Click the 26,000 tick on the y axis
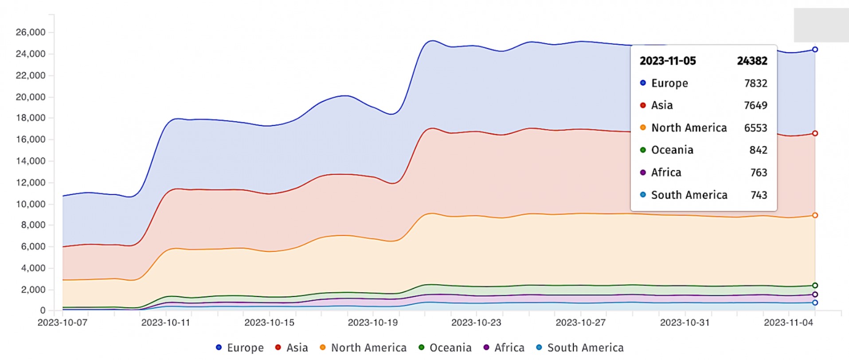[30, 32]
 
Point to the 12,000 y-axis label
[30, 183]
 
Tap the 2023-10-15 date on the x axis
[269, 323]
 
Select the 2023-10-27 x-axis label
[580, 323]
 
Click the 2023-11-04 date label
[788, 323]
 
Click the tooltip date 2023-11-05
[668, 61]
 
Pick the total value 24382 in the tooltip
[752, 61]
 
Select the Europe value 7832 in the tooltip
[755, 83]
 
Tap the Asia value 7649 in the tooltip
[755, 106]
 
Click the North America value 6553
[755, 128]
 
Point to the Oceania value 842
[758, 150]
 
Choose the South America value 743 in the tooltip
[759, 195]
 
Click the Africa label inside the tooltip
[666, 172]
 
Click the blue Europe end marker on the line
[815, 50]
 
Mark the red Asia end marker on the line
[815, 133]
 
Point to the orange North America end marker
[815, 215]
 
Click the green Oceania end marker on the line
[815, 286]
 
